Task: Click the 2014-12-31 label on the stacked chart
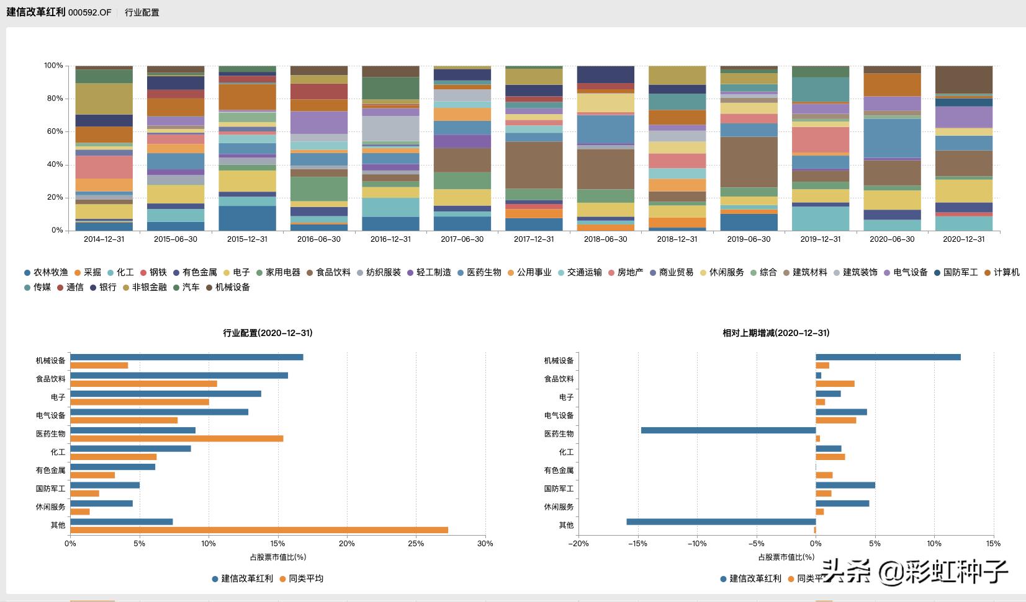pyautogui.click(x=104, y=239)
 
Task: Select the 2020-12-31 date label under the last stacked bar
pyautogui.click(x=963, y=239)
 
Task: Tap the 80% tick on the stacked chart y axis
pyautogui.click(x=54, y=99)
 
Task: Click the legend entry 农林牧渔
pyautogui.click(x=46, y=273)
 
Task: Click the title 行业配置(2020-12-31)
pyautogui.click(x=268, y=334)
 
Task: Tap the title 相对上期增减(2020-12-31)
pyautogui.click(x=776, y=334)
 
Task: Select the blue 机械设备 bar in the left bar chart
pyautogui.click(x=186, y=357)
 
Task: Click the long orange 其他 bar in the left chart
pyautogui.click(x=259, y=530)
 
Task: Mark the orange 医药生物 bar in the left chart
pyautogui.click(x=176, y=438)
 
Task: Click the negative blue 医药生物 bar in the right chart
pyautogui.click(x=728, y=430)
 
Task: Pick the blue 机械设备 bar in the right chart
pyautogui.click(x=888, y=357)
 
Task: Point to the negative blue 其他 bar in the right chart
pyautogui.click(x=721, y=522)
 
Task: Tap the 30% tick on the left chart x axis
pyautogui.click(x=485, y=544)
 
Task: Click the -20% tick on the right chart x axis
pyautogui.click(x=578, y=544)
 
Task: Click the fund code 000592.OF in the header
pyautogui.click(x=90, y=13)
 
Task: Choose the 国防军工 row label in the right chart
pyautogui.click(x=559, y=489)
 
